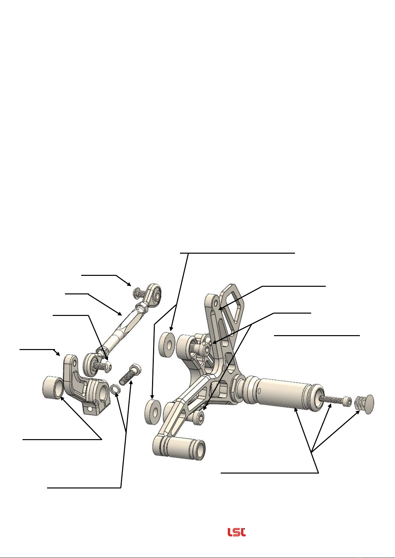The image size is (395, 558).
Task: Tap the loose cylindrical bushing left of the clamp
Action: tap(53, 388)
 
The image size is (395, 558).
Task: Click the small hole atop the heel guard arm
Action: tap(216, 303)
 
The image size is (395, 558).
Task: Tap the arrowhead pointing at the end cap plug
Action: tap(358, 412)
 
